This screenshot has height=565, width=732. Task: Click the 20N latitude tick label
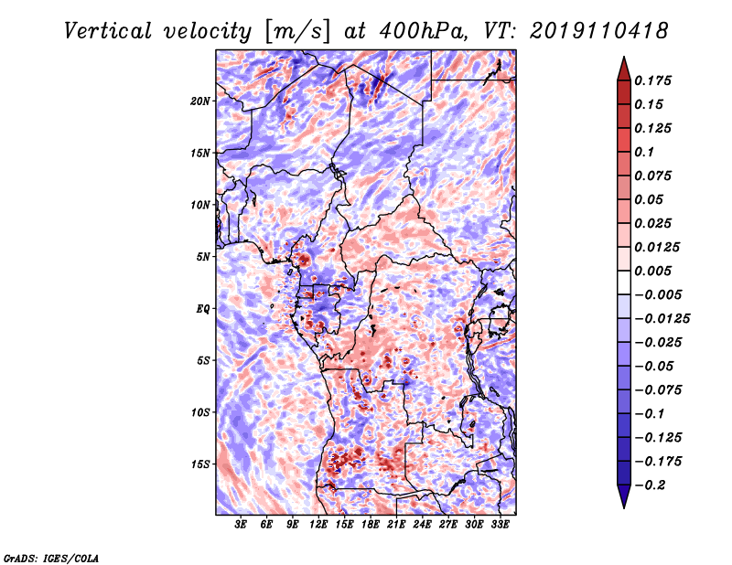[200, 101]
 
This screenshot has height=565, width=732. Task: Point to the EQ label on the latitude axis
[203, 309]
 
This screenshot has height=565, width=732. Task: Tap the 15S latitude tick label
[200, 464]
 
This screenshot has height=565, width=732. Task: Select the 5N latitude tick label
[203, 257]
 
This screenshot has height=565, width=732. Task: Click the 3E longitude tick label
[241, 525]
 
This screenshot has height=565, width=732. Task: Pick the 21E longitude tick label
[396, 525]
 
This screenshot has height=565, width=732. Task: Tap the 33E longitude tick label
[500, 525]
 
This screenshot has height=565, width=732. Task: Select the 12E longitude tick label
[318, 525]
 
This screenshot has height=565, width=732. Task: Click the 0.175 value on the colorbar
[652, 80]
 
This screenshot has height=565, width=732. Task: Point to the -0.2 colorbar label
[650, 485]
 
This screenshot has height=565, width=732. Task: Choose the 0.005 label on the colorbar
[652, 271]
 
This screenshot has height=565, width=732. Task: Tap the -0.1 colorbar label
[650, 414]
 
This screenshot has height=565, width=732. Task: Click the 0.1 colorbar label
[644, 152]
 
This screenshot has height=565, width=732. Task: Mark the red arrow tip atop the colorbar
[624, 57]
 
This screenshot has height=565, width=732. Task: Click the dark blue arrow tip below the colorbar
[624, 507]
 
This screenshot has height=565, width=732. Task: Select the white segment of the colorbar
[624, 282]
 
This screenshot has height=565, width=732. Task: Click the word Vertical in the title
[108, 31]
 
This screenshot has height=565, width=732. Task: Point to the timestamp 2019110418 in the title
[599, 31]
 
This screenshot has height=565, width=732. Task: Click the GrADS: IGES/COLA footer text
[51, 558]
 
